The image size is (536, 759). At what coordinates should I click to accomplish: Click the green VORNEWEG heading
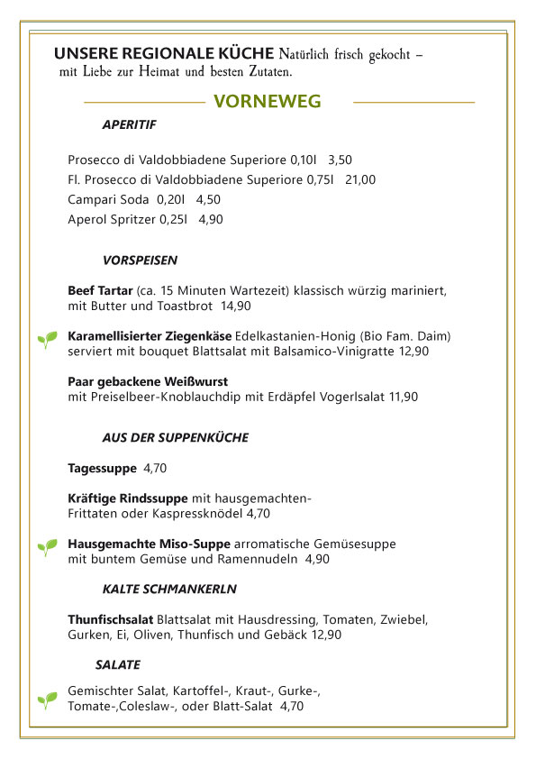pyautogui.click(x=267, y=102)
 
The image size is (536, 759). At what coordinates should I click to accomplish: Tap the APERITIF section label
pyautogui.click(x=130, y=124)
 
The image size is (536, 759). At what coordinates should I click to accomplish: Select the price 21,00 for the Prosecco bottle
pyautogui.click(x=360, y=179)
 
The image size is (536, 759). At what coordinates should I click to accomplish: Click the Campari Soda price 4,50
pyautogui.click(x=208, y=199)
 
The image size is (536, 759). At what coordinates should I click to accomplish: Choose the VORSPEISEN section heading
pyautogui.click(x=140, y=261)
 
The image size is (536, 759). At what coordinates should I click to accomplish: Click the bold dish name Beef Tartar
pyautogui.click(x=100, y=291)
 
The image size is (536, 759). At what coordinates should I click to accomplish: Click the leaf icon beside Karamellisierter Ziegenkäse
pyautogui.click(x=46, y=339)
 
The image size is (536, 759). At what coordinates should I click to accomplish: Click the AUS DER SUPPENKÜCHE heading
pyautogui.click(x=175, y=437)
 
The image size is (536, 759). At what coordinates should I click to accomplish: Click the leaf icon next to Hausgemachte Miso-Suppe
pyautogui.click(x=46, y=547)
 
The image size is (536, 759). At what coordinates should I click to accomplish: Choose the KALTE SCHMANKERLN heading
pyautogui.click(x=169, y=589)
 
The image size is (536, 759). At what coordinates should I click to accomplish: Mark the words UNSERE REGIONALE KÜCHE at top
pyautogui.click(x=164, y=53)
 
